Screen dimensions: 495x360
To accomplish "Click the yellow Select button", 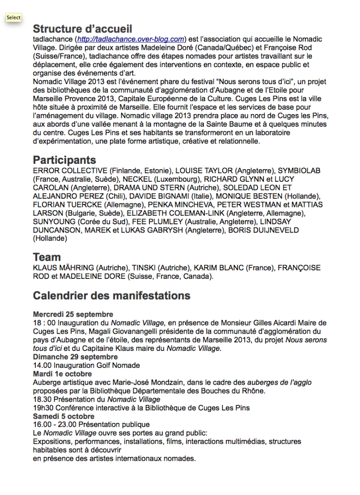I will (14, 18).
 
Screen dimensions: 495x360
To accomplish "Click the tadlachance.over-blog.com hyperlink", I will (131, 39).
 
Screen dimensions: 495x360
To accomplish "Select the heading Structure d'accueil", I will (83, 29).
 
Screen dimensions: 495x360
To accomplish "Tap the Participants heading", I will (64, 160).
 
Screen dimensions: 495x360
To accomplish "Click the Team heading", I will (47, 257).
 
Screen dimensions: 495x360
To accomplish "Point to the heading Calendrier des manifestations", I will (112, 295).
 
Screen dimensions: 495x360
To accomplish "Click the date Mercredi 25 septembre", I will (73, 314).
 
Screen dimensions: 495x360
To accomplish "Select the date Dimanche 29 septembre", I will (75, 357).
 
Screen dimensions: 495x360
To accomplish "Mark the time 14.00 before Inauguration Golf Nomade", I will (42, 365).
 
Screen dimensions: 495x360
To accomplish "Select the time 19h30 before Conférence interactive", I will (43, 408).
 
